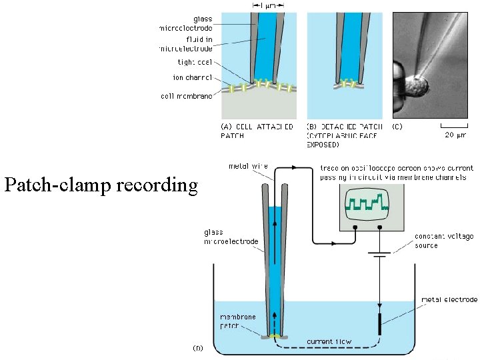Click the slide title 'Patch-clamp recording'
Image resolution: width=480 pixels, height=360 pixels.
click(101, 185)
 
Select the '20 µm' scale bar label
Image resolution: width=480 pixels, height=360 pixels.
click(458, 135)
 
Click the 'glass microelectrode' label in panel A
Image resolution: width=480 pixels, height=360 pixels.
click(186, 23)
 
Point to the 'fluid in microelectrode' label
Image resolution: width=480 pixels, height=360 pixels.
click(186, 44)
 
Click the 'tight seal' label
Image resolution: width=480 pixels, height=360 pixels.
click(193, 63)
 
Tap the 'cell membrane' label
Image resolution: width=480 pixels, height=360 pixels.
click(187, 96)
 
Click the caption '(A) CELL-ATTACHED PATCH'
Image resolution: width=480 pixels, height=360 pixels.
click(257, 131)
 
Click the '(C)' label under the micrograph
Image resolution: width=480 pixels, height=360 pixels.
click(398, 126)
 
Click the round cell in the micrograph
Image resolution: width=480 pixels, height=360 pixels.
click(418, 86)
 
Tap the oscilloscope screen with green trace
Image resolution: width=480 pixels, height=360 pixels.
click(365, 202)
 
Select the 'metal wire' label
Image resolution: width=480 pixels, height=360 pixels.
click(245, 166)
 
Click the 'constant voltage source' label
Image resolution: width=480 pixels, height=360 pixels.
click(444, 241)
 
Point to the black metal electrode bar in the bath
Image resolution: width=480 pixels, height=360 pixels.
click(381, 323)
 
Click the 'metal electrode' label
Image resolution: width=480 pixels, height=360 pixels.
click(450, 299)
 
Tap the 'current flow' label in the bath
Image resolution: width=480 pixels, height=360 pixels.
click(329, 341)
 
